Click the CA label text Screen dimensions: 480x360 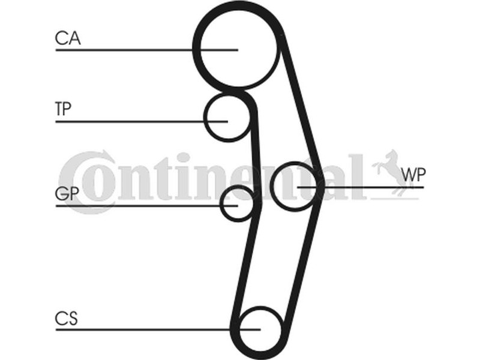[x=68, y=38]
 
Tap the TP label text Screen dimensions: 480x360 [x=63, y=109]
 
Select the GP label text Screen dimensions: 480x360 [x=67, y=193]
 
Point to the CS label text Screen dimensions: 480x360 [x=66, y=319]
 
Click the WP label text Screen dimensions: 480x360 [x=413, y=175]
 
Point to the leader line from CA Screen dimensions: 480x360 [x=146, y=50]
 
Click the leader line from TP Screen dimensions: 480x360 [x=142, y=122]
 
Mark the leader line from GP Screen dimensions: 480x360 [x=146, y=206]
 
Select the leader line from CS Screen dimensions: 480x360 [x=158, y=329]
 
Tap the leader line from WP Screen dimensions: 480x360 [x=361, y=187]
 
